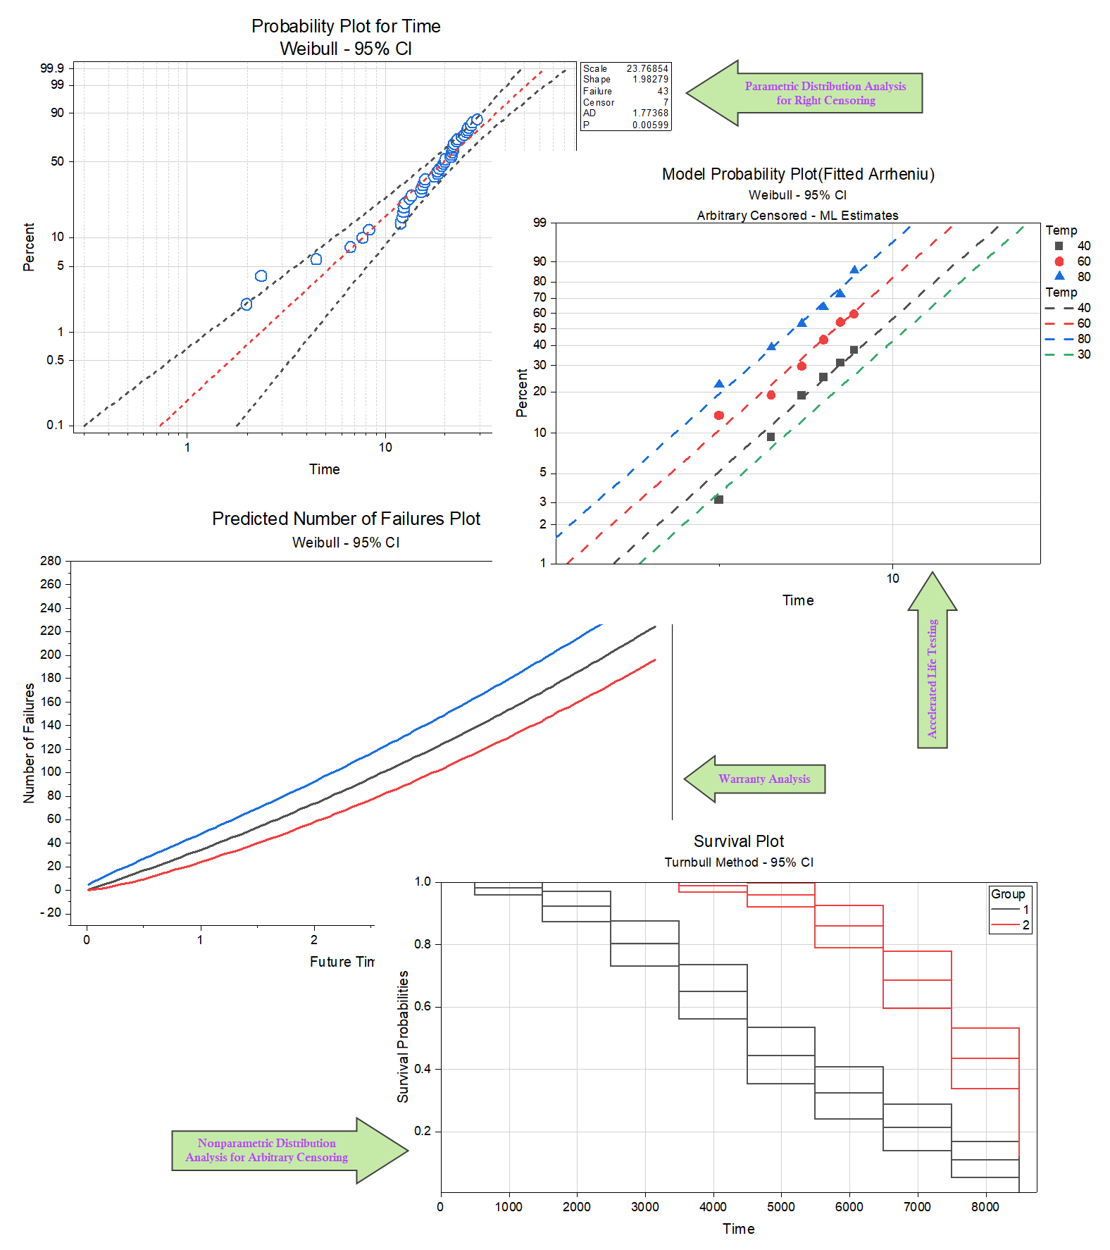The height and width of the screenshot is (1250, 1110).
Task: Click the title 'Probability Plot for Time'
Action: tap(346, 26)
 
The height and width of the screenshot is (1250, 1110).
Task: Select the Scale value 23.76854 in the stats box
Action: tap(647, 68)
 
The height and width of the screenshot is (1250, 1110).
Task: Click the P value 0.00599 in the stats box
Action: tap(649, 125)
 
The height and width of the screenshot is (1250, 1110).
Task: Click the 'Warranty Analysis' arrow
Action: tap(763, 779)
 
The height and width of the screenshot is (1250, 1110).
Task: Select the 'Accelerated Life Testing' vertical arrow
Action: tap(932, 678)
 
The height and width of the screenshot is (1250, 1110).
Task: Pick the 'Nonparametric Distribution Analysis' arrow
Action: tap(267, 1150)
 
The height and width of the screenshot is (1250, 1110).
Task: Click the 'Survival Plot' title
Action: tap(738, 841)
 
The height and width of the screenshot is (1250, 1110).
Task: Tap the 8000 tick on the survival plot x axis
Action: tap(985, 1207)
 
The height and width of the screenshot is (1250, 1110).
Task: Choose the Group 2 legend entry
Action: tap(1011, 925)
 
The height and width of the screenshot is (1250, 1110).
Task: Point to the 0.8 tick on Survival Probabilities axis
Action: tap(423, 944)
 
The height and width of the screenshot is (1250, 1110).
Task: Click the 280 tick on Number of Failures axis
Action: tap(51, 561)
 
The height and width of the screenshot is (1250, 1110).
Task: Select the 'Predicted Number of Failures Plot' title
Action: tap(346, 519)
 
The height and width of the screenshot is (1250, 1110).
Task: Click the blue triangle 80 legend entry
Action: tap(1069, 277)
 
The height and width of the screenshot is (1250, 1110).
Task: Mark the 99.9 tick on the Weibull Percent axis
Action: tap(52, 68)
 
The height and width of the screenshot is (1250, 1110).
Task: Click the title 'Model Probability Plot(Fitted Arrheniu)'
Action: tap(798, 174)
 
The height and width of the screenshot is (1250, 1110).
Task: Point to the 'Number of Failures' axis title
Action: tap(29, 743)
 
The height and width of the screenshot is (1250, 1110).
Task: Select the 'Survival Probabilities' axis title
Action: tap(403, 1036)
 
